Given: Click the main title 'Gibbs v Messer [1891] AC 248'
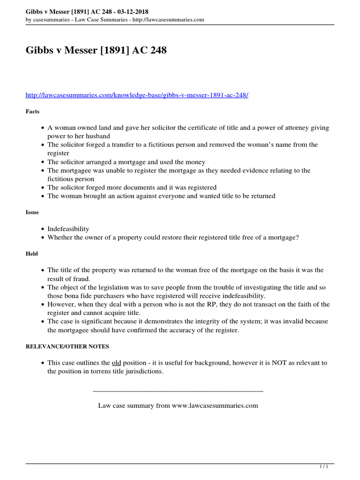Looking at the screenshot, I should [96, 50].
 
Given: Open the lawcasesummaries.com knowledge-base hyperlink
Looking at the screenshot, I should [137, 95].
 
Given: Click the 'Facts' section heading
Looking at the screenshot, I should [32, 112].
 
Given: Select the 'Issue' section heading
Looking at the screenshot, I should [32, 212].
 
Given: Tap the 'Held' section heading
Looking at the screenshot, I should [32, 254].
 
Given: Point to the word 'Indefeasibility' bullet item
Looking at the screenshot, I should [68, 229].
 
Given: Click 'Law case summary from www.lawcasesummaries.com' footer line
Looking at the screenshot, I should [178, 405].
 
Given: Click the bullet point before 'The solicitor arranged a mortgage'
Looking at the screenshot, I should [43, 162].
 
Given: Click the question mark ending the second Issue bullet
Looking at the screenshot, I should [297, 237].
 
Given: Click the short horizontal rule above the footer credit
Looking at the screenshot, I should [178, 390].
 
